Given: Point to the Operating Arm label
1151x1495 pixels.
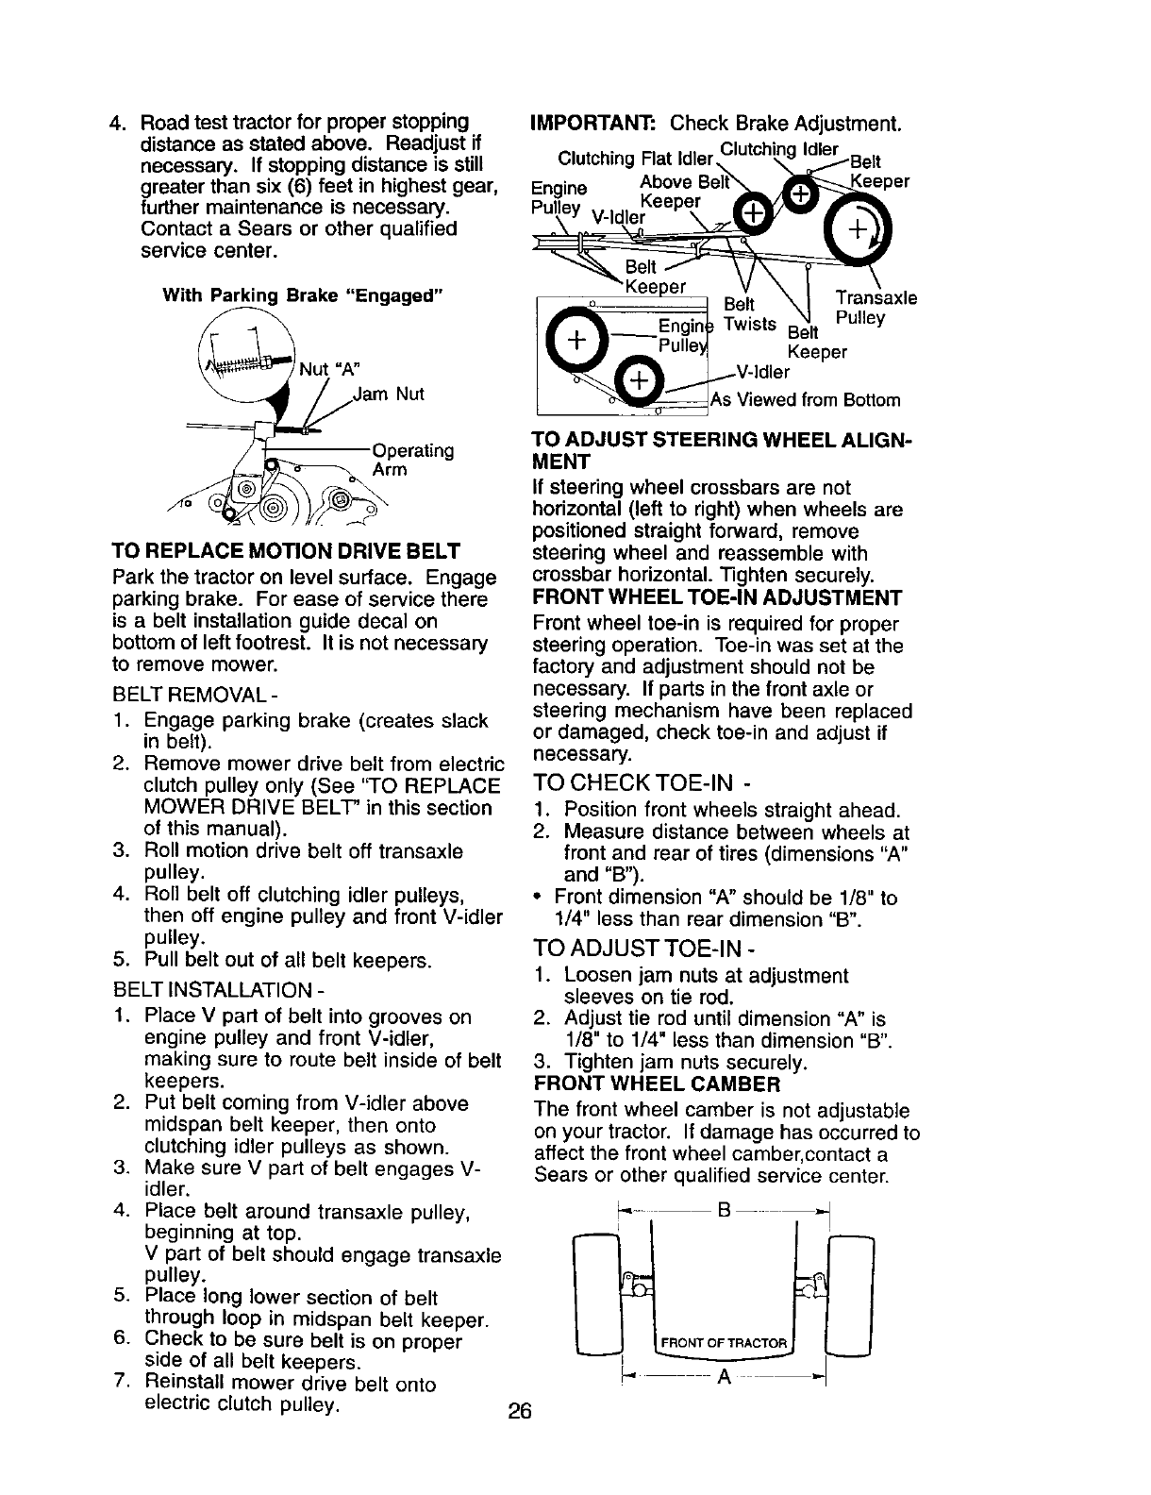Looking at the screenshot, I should pyautogui.click(x=412, y=460).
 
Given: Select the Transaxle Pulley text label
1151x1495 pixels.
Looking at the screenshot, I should pyautogui.click(x=876, y=308).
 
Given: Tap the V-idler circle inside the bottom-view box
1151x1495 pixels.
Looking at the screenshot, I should pyautogui.click(x=639, y=381).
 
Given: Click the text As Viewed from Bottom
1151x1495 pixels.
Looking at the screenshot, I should pyautogui.click(x=806, y=400).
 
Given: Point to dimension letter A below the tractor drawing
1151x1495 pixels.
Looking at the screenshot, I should pyautogui.click(x=724, y=1378).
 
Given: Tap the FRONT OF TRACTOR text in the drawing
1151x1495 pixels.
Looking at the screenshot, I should pyautogui.click(x=724, y=1344).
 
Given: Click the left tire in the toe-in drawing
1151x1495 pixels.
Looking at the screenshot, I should pyautogui.click(x=599, y=1293).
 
